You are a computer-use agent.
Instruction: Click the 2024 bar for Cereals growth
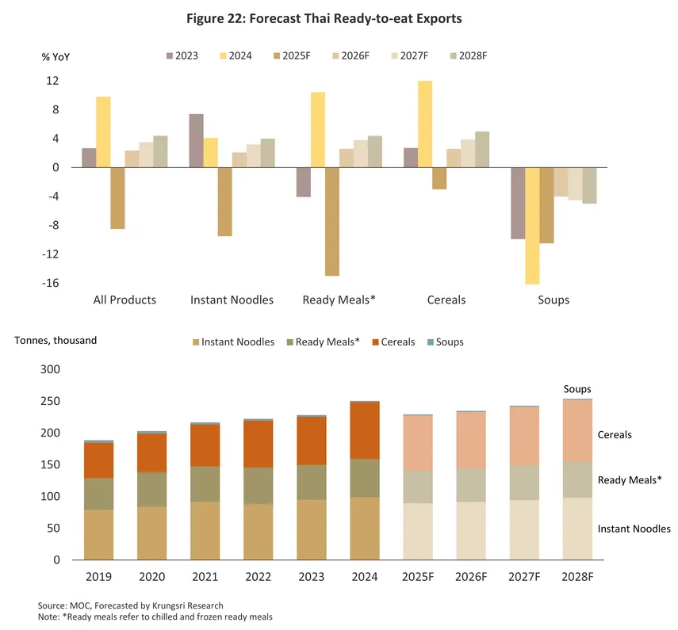point(425,124)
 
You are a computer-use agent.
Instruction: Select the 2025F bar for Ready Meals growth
point(331,222)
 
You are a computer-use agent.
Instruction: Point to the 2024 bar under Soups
point(532,226)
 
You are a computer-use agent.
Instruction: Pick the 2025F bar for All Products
point(117,198)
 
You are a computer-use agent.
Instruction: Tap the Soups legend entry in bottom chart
point(448,342)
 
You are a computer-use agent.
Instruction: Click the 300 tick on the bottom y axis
point(51,370)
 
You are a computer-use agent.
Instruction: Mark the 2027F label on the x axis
point(524,577)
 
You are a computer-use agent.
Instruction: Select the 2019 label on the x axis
point(98,577)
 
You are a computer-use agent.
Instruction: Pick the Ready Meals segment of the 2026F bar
point(470,485)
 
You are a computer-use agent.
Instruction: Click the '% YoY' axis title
point(56,56)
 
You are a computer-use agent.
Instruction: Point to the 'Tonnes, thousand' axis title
point(56,340)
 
